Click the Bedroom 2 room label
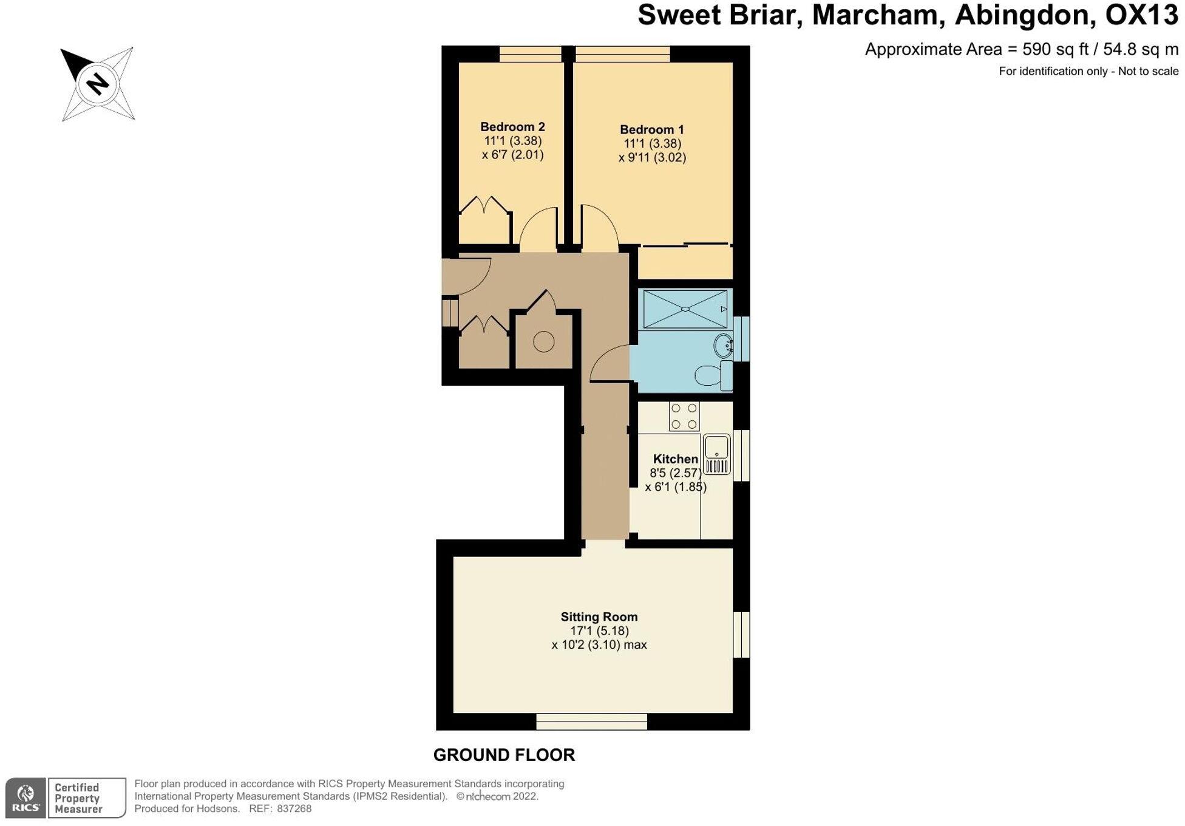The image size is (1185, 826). [512, 127]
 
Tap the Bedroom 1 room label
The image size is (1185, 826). [651, 129]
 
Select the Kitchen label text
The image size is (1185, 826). [675, 459]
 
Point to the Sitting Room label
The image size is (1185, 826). [599, 617]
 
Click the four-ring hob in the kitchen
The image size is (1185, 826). [684, 417]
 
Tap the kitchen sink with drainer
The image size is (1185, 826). [716, 455]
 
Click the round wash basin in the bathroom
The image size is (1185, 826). [724, 346]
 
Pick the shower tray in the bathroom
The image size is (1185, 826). [685, 309]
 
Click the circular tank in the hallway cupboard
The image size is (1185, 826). [543, 342]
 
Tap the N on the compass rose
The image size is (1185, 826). [97, 83]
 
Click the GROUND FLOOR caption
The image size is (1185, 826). [504, 755]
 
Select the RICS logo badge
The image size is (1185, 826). [25, 798]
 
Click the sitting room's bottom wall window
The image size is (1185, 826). [591, 722]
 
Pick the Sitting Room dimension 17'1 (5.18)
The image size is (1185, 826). [599, 631]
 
